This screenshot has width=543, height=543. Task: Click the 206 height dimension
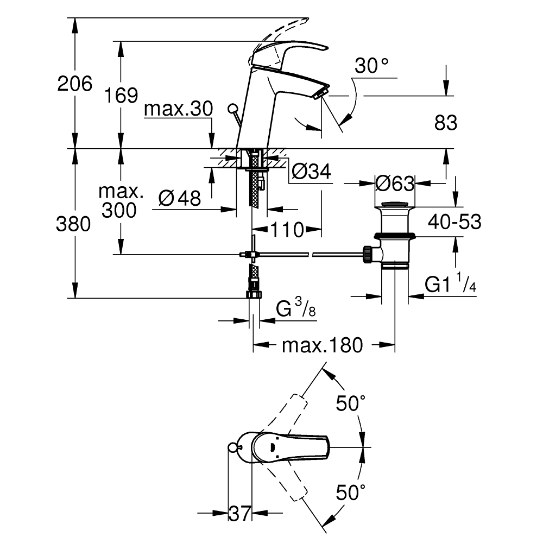click(75, 84)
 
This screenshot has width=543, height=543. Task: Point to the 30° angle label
click(371, 67)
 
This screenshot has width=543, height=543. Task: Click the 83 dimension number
click(446, 123)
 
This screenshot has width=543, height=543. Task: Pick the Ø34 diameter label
click(311, 172)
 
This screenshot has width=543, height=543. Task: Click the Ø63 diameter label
click(395, 184)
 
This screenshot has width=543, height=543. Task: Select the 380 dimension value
click(73, 224)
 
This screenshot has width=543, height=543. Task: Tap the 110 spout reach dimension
click(288, 230)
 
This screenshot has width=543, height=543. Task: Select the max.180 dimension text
click(322, 345)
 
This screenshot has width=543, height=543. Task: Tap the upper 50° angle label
click(351, 403)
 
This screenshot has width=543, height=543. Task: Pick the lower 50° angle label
click(351, 493)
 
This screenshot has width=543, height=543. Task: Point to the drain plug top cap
click(395, 205)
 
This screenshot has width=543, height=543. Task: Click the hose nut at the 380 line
click(253, 295)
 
